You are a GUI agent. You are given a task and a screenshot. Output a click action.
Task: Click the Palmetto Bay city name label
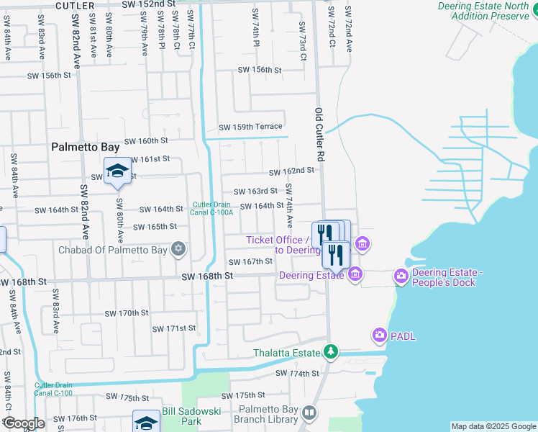[85, 147]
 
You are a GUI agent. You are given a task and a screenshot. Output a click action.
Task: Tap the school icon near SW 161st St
[117, 171]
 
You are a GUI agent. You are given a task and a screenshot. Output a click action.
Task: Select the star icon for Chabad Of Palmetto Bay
[178, 250]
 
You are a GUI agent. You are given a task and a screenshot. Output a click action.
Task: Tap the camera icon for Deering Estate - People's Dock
[401, 276]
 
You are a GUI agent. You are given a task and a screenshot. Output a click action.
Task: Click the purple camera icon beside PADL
[380, 335]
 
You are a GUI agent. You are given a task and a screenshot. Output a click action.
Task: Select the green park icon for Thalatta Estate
[330, 353]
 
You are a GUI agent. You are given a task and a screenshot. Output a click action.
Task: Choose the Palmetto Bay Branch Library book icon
[309, 413]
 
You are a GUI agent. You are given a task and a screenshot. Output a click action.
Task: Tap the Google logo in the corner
[23, 423]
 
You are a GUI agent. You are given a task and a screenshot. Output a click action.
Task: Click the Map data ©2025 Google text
[493, 426]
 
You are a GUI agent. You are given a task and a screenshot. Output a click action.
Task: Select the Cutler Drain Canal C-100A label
[213, 209]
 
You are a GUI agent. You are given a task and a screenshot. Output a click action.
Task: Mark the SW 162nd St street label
[292, 171]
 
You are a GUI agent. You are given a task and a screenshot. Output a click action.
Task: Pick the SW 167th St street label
[251, 262]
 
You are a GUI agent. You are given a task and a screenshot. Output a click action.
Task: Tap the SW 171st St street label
[171, 328]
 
